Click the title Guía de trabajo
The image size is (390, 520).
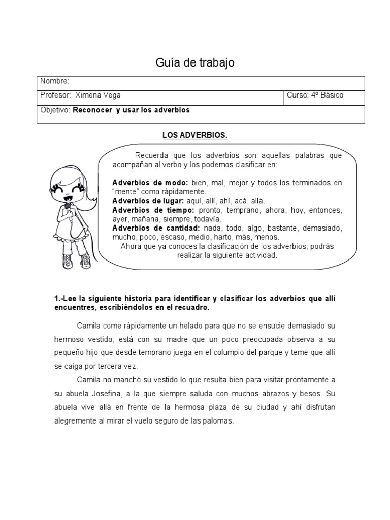[x=194, y=63]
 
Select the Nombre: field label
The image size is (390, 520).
[x=54, y=81]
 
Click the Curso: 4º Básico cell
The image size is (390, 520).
[x=315, y=95]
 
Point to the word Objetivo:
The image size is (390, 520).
[x=55, y=110]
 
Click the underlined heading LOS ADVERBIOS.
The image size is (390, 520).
[x=194, y=136]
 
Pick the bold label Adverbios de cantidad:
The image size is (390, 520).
[x=156, y=229]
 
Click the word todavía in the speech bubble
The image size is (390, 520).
[x=192, y=219]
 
